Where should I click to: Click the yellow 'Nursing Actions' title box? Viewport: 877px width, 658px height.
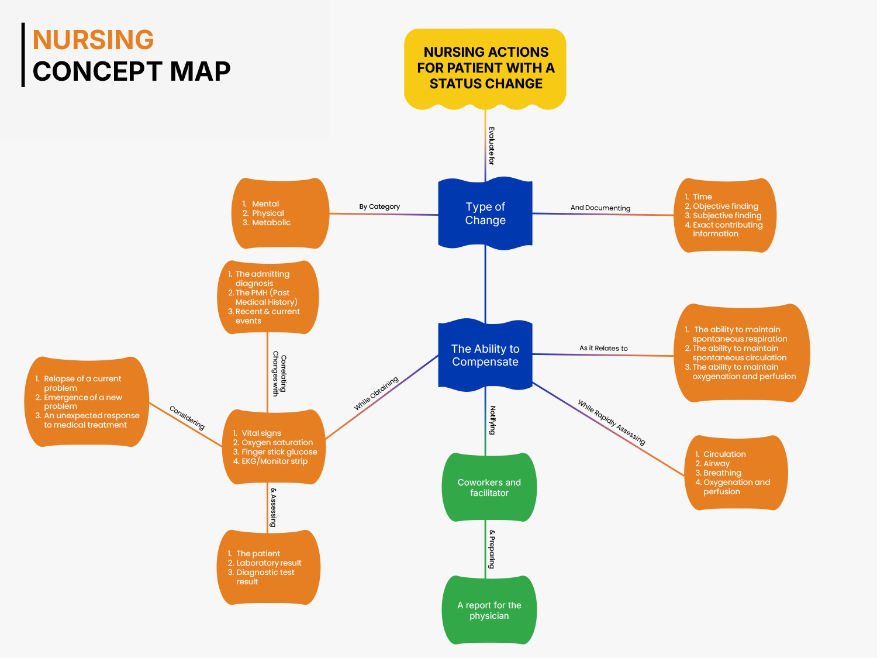[485, 68]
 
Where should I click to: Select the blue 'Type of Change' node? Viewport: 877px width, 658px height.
[485, 213]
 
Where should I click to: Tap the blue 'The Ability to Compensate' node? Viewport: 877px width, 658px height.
[485, 355]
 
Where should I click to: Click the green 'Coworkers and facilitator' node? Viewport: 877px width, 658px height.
[489, 487]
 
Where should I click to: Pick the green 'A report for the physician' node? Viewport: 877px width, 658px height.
[489, 610]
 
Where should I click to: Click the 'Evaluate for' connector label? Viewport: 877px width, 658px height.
[492, 146]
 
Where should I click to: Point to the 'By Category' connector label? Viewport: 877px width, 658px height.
[379, 206]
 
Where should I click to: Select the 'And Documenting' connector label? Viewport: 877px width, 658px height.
[600, 208]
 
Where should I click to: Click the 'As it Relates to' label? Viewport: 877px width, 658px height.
[603, 348]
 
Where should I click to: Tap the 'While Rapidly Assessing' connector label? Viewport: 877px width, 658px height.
[612, 422]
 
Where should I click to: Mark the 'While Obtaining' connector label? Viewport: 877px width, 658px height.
[376, 393]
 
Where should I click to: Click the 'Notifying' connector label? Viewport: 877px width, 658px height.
[492, 420]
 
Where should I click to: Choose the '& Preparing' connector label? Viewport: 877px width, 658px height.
[492, 549]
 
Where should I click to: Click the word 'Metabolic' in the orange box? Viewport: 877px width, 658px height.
[271, 223]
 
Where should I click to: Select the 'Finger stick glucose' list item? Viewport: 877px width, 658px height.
[279, 452]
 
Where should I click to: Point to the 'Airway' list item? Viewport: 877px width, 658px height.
[716, 464]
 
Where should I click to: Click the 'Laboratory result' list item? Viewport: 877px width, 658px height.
[268, 563]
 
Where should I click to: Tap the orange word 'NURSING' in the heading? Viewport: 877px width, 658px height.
[94, 40]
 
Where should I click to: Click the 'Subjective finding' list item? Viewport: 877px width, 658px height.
[727, 216]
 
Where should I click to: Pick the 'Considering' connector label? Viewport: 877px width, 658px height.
[187, 418]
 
